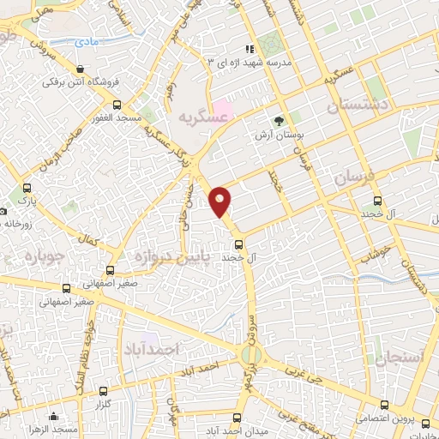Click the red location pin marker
tap(220, 201)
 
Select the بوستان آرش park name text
tap(275, 135)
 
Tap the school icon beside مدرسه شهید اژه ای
tap(250, 49)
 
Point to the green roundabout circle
tap(250, 354)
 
